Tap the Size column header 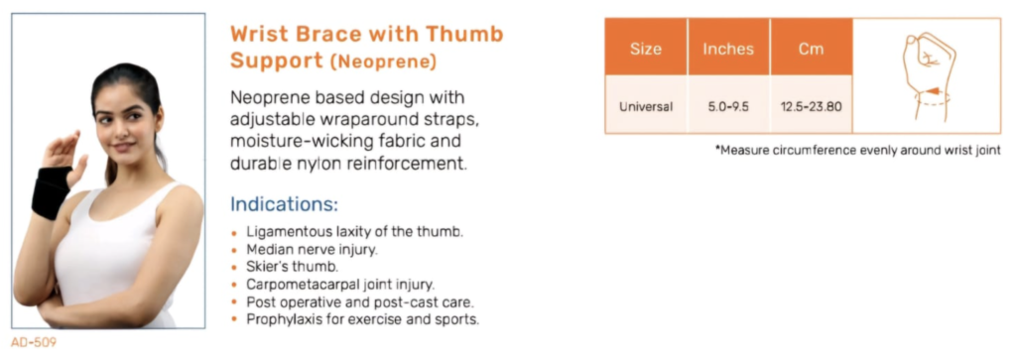click(645, 50)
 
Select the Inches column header click(729, 50)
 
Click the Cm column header click(811, 50)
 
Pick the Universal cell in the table click(645, 106)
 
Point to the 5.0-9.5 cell click(728, 106)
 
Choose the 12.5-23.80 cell click(811, 106)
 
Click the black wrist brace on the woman click(52, 191)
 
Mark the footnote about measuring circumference click(858, 150)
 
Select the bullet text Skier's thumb click(293, 266)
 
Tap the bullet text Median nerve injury click(312, 249)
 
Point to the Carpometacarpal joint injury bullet click(340, 284)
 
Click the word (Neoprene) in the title click(383, 61)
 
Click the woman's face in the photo click(128, 126)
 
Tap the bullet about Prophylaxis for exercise click(362, 319)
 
